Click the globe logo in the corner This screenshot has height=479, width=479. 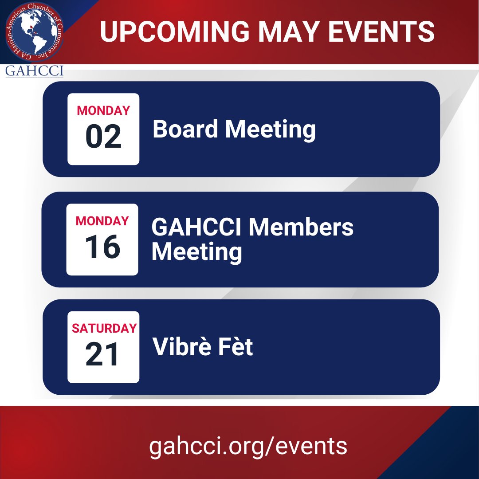pyautogui.click(x=35, y=35)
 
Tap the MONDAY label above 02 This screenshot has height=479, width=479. pyautogui.click(x=103, y=110)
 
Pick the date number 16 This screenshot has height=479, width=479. pyautogui.click(x=102, y=247)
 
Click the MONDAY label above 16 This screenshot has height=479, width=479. pyautogui.click(x=102, y=221)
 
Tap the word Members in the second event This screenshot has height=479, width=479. pyautogui.click(x=301, y=228)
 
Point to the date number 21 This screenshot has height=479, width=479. pyautogui.click(x=102, y=355)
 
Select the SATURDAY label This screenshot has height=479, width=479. pyautogui.click(x=104, y=329)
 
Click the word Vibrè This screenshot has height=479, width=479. pyautogui.click(x=181, y=347)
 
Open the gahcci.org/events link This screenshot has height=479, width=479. pyautogui.click(x=248, y=445)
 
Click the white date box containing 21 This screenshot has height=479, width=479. pyautogui.click(x=103, y=347)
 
